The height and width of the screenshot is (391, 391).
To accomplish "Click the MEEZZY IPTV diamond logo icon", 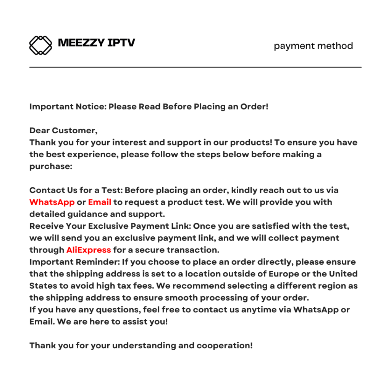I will pyautogui.click(x=40, y=45).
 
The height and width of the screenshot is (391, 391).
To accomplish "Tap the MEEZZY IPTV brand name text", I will pyautogui.click(x=96, y=42).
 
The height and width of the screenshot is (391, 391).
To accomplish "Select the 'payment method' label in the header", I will pyautogui.click(x=313, y=46).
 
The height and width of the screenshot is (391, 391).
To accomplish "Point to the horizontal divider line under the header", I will pyautogui.click(x=195, y=67).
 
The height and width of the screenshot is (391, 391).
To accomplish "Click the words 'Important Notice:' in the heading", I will pyautogui.click(x=68, y=107).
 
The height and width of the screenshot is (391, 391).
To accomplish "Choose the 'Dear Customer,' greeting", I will pyautogui.click(x=63, y=131).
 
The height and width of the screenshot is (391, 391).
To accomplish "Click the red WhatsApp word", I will pyautogui.click(x=52, y=202).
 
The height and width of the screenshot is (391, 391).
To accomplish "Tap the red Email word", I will pyautogui.click(x=100, y=202).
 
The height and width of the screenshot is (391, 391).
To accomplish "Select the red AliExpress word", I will pyautogui.click(x=89, y=250).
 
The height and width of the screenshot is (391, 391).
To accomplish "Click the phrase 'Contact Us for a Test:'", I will pyautogui.click(x=76, y=190).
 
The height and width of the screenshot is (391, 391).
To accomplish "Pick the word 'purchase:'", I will pyautogui.click(x=51, y=166).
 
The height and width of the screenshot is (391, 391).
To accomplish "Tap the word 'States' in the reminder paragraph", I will pyautogui.click(x=42, y=286).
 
